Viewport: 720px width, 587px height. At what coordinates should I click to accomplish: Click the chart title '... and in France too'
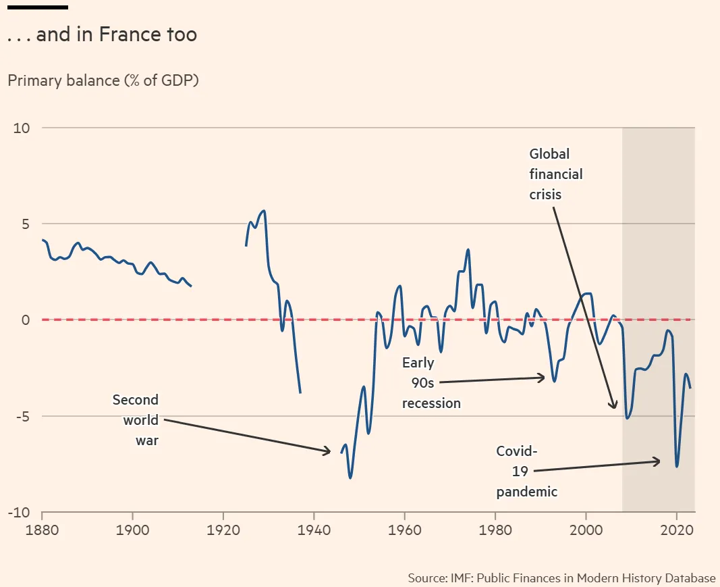pyautogui.click(x=102, y=35)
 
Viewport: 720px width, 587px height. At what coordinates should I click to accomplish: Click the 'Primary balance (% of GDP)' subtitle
pyautogui.click(x=103, y=80)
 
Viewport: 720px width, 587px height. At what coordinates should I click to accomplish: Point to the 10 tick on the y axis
pyautogui.click(x=22, y=128)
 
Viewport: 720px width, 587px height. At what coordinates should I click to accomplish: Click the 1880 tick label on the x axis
pyautogui.click(x=42, y=530)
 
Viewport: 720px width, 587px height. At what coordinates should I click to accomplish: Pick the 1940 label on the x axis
pyautogui.click(x=314, y=530)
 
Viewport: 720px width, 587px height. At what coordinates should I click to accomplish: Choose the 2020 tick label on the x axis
pyautogui.click(x=677, y=530)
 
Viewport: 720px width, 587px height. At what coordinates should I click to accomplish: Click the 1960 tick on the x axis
pyautogui.click(x=404, y=530)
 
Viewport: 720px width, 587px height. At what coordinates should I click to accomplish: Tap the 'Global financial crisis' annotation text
pyautogui.click(x=555, y=174)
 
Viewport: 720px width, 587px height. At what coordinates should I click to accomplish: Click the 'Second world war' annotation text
pyautogui.click(x=136, y=420)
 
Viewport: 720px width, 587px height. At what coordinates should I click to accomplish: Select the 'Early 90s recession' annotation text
pyautogui.click(x=431, y=384)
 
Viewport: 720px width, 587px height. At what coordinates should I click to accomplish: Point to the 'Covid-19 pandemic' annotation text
pyautogui.click(x=526, y=471)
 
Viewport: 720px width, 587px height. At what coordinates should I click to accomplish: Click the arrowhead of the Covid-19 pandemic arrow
pyautogui.click(x=659, y=461)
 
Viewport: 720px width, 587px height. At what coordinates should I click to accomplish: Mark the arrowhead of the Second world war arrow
pyautogui.click(x=329, y=451)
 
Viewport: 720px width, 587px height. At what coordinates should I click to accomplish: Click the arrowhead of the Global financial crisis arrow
pyautogui.click(x=614, y=407)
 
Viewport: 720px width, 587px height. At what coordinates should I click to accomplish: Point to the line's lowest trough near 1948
pyautogui.click(x=350, y=478)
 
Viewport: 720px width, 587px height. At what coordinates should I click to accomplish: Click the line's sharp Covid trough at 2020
pyautogui.click(x=676, y=466)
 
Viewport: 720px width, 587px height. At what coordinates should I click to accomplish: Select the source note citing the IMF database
pyautogui.click(x=561, y=578)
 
